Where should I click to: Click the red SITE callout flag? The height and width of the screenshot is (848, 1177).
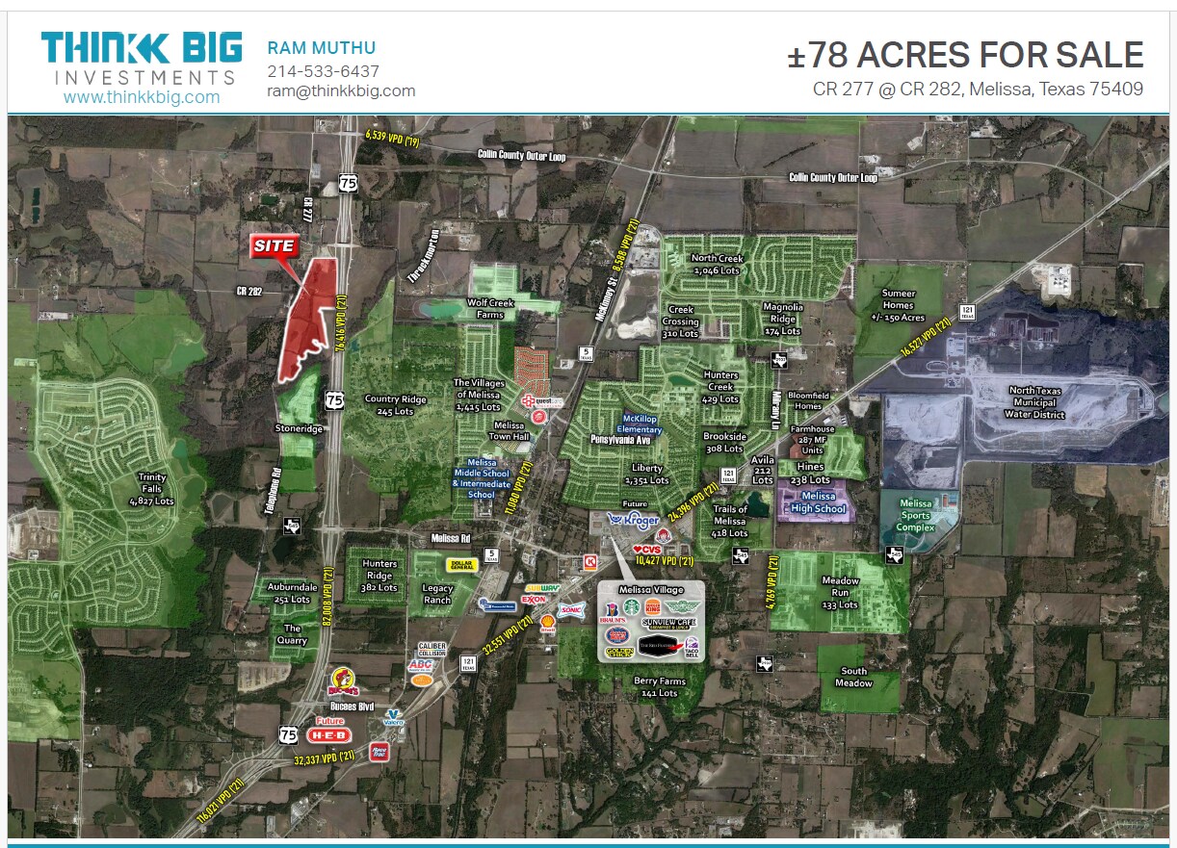tap(274, 246)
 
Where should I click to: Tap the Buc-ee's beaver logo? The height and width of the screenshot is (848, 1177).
tap(345, 684)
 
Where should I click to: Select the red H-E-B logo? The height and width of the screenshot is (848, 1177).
tap(328, 734)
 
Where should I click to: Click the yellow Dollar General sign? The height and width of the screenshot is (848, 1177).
tap(461, 565)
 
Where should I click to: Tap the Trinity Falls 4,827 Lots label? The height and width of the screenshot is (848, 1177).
tap(151, 489)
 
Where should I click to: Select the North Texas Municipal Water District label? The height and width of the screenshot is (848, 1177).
tap(1036, 402)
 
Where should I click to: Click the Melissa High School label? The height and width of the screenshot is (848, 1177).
tap(818, 502)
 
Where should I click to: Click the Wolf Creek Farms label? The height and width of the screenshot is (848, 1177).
tap(491, 308)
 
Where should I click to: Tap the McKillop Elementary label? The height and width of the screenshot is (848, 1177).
tap(640, 424)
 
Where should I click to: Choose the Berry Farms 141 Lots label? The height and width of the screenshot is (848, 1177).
tap(659, 686)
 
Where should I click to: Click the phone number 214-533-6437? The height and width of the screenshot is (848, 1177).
tap(323, 71)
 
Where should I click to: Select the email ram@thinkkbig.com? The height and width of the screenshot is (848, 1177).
tap(341, 90)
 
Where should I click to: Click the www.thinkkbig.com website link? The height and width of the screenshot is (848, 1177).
tap(142, 97)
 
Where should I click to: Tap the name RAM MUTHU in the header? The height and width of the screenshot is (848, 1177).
tap(321, 48)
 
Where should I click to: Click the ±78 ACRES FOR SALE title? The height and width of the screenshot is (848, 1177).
tap(965, 55)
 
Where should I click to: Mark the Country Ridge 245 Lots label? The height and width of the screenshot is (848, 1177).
tap(395, 405)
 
